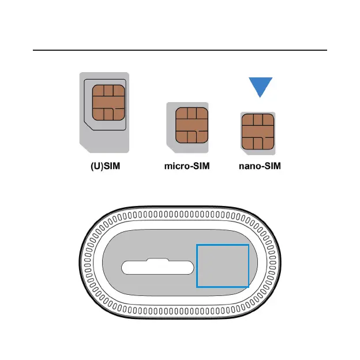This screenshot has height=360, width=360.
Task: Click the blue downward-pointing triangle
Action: click(257, 88)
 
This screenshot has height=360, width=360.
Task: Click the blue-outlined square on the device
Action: click(223, 265)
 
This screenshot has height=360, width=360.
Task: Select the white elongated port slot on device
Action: click(157, 268)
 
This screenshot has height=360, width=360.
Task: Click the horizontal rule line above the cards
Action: click(180, 50)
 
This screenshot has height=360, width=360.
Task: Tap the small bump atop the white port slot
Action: click(157, 261)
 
